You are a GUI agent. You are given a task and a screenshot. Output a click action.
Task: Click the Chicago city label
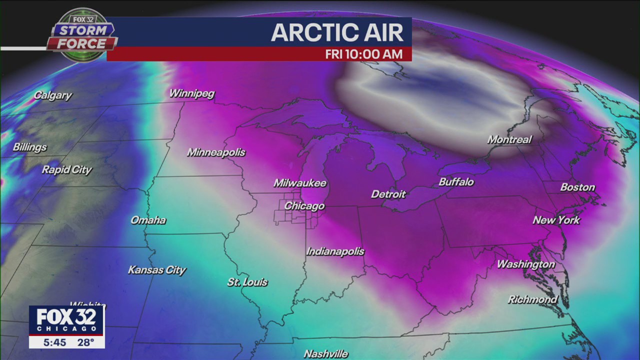[x=304, y=206]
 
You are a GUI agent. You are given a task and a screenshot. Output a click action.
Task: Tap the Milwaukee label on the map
[x=299, y=183]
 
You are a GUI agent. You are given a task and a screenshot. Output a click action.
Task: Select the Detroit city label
[x=388, y=194]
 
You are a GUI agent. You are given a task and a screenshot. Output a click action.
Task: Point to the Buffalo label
[x=456, y=182]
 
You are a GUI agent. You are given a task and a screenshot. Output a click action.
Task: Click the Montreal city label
[x=509, y=139]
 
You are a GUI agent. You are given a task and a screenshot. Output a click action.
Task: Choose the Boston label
[x=577, y=187]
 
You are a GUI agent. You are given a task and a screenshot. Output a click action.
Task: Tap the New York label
[x=556, y=220]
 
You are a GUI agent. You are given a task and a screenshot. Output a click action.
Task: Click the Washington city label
[x=525, y=264]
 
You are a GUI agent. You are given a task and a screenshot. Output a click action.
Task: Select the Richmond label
[x=532, y=299]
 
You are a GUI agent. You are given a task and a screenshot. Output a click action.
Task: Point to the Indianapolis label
[x=335, y=251]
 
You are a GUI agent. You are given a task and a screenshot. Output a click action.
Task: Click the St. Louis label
[x=247, y=282]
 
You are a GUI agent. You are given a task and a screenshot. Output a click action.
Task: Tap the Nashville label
[x=325, y=353]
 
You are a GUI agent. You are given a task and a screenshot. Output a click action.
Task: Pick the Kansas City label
[x=156, y=270]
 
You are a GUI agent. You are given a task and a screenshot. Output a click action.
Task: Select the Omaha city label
[x=148, y=220]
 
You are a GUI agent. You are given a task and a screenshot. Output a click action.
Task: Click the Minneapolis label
[x=216, y=152]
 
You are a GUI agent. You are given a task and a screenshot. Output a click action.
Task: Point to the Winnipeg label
[x=191, y=93]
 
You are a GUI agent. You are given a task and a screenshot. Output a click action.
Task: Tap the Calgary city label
[x=52, y=95]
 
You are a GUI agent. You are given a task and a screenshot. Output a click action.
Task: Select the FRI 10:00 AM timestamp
[x=363, y=54]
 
